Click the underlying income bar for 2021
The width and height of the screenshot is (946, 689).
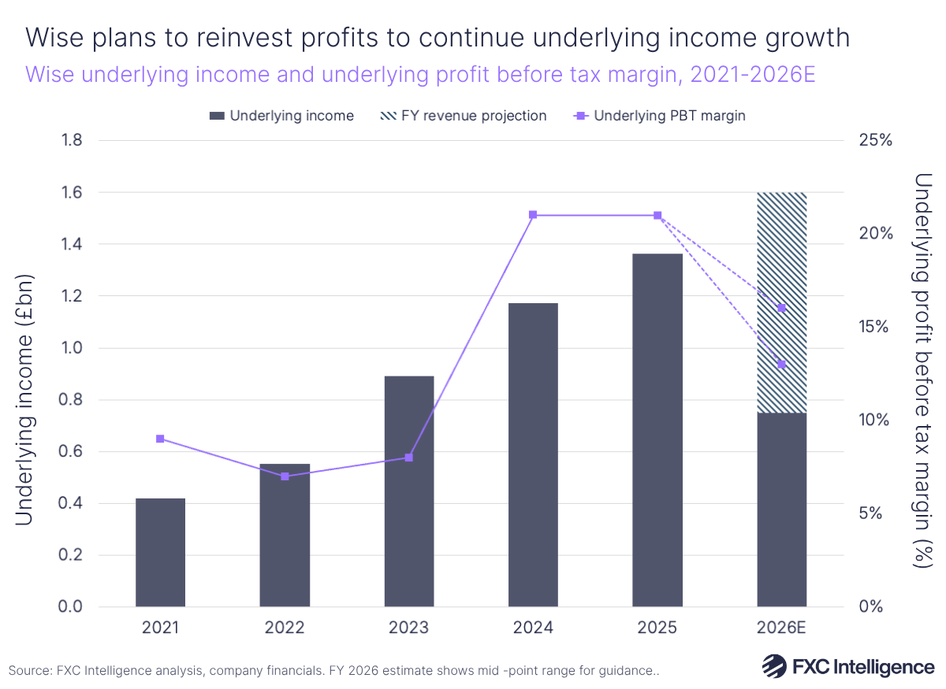tap(160, 552)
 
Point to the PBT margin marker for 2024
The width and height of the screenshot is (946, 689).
tap(533, 215)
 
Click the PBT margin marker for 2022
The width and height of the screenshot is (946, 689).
tap(285, 476)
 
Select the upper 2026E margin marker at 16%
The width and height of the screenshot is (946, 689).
tap(781, 308)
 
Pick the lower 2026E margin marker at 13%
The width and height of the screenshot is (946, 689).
tap(781, 364)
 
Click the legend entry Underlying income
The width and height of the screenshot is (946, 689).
tap(281, 116)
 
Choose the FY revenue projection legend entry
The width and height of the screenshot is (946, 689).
tap(463, 116)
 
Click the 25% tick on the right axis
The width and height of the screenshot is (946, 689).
tap(874, 141)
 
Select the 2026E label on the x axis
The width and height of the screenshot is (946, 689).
tap(781, 628)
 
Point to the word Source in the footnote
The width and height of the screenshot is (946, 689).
tap(29, 671)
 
